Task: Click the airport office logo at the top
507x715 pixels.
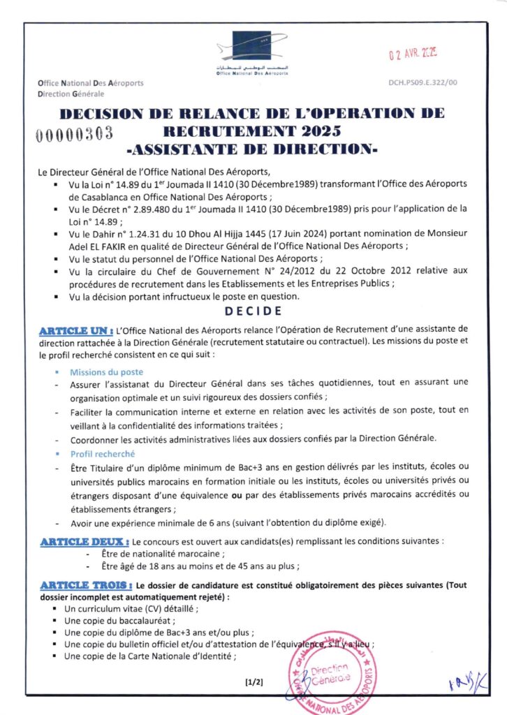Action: [x=253, y=55]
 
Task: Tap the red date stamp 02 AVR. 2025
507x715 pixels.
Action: [x=412, y=53]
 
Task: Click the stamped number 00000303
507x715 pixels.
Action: [x=74, y=134]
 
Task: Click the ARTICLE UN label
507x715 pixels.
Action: [x=76, y=328]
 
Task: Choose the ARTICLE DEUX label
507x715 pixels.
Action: [x=84, y=541]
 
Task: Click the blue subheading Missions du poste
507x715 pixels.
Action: [x=107, y=372]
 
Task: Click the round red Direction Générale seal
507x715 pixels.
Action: [x=330, y=672]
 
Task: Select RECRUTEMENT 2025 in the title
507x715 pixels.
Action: [x=252, y=131]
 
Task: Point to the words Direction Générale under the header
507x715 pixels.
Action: [x=71, y=94]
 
